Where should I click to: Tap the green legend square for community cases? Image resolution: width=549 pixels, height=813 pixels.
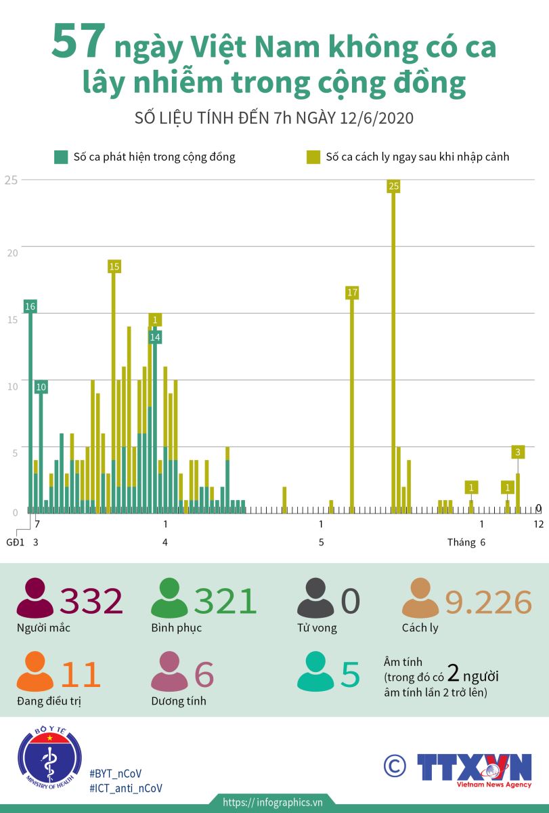tap(61, 157)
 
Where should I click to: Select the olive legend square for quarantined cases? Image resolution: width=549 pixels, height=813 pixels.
tap(313, 157)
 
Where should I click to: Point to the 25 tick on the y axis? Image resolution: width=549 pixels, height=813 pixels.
tap(10, 180)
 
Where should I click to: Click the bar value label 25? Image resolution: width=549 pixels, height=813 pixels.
tap(394, 186)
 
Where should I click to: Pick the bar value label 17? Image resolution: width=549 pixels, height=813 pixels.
tap(352, 293)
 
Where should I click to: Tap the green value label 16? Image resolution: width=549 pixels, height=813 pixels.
tap(30, 306)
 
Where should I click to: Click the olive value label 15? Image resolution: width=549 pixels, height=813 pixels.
tap(114, 266)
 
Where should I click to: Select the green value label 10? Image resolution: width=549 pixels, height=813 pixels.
tap(41, 387)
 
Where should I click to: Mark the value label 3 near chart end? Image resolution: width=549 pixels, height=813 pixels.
tap(518, 452)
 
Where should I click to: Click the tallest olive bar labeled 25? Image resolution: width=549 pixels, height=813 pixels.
tap(394, 352)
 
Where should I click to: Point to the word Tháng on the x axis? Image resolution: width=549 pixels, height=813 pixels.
tap(461, 542)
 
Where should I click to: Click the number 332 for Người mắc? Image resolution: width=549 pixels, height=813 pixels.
tap(91, 601)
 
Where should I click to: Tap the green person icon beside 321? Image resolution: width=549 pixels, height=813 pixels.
tap(169, 599)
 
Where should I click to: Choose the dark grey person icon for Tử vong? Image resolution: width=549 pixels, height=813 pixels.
tap(315, 599)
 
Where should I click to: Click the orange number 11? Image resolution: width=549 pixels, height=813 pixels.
tap(81, 674)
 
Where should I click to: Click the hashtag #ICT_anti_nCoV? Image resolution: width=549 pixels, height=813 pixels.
tap(125, 788)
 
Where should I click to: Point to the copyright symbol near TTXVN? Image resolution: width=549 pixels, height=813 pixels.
tap(395, 766)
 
